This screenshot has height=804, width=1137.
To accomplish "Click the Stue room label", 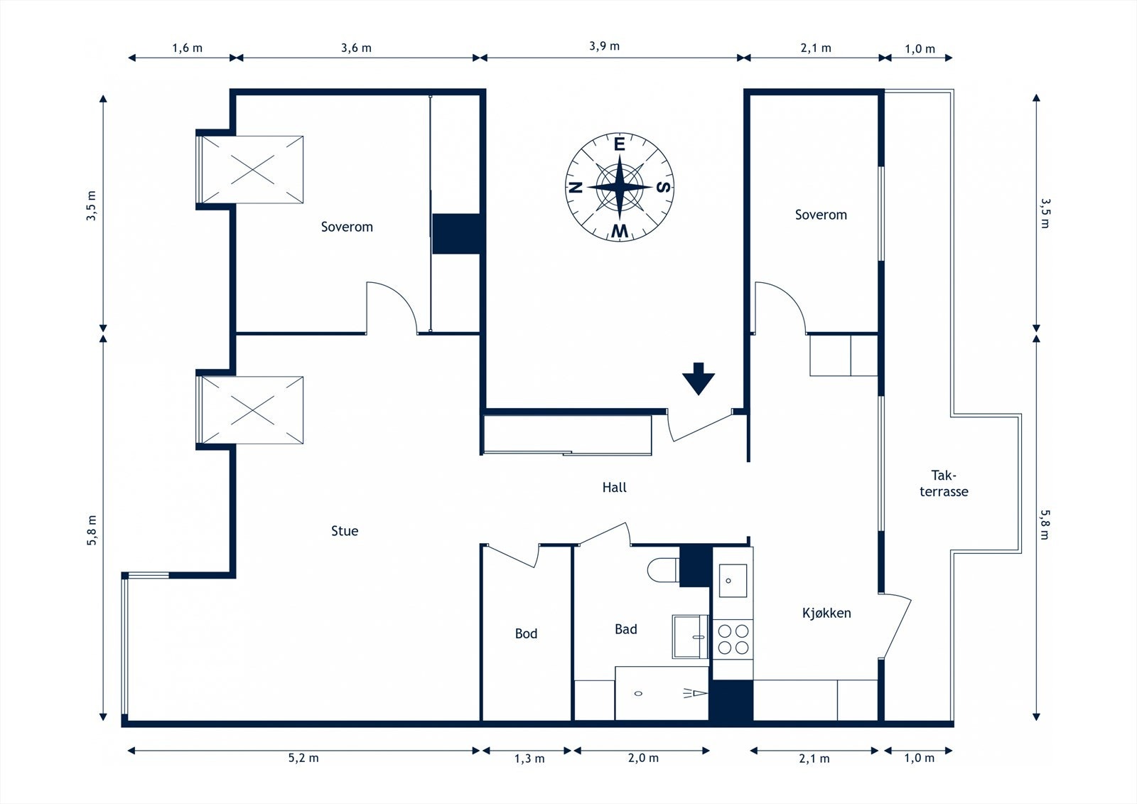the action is pyautogui.click(x=345, y=531).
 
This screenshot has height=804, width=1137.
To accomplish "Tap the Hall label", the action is pyautogui.click(x=614, y=488).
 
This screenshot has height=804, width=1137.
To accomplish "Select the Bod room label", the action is pyautogui.click(x=526, y=633).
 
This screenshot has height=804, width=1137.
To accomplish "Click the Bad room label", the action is pyautogui.click(x=626, y=629).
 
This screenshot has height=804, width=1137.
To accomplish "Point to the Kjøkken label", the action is pyautogui.click(x=826, y=613).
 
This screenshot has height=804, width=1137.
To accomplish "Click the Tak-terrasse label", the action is pyautogui.click(x=944, y=483).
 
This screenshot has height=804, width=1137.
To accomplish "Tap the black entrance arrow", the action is pyautogui.click(x=699, y=379).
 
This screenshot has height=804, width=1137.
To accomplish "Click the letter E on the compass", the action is pyautogui.click(x=619, y=145).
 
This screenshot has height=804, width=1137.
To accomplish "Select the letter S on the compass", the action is pyautogui.click(x=664, y=187).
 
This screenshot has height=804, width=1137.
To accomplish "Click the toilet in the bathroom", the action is pyautogui.click(x=664, y=570).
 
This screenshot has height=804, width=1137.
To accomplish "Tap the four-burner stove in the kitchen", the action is pyautogui.click(x=733, y=640).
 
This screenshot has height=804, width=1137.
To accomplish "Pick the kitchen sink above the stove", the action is pyautogui.click(x=733, y=581).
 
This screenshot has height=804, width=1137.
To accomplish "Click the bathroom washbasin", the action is pyautogui.click(x=690, y=636).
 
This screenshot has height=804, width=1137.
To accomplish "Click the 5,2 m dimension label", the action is pyautogui.click(x=303, y=759).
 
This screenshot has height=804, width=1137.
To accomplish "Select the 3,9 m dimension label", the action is pyautogui.click(x=604, y=46).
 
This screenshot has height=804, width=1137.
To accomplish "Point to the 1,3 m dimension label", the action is pyautogui.click(x=529, y=759).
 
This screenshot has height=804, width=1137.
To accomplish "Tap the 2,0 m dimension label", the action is pyautogui.click(x=643, y=759).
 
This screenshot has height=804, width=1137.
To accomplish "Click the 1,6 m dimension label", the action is pyautogui.click(x=188, y=48).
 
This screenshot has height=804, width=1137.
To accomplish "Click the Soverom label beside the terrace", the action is pyautogui.click(x=821, y=215).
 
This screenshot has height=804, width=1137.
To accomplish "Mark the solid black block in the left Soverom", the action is pyautogui.click(x=456, y=234).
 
